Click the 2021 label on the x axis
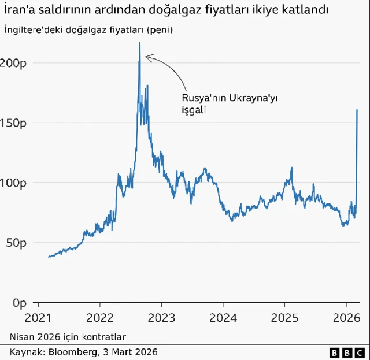(x=38, y=317)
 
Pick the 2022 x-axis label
(x=99, y=317)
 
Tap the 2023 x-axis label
(x=161, y=317)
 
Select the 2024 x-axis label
(x=223, y=317)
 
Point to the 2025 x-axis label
(x=284, y=317)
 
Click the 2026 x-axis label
(x=346, y=317)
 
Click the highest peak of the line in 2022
(x=139, y=43)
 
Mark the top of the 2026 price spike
(x=357, y=110)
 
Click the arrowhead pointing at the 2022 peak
(x=147, y=57)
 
